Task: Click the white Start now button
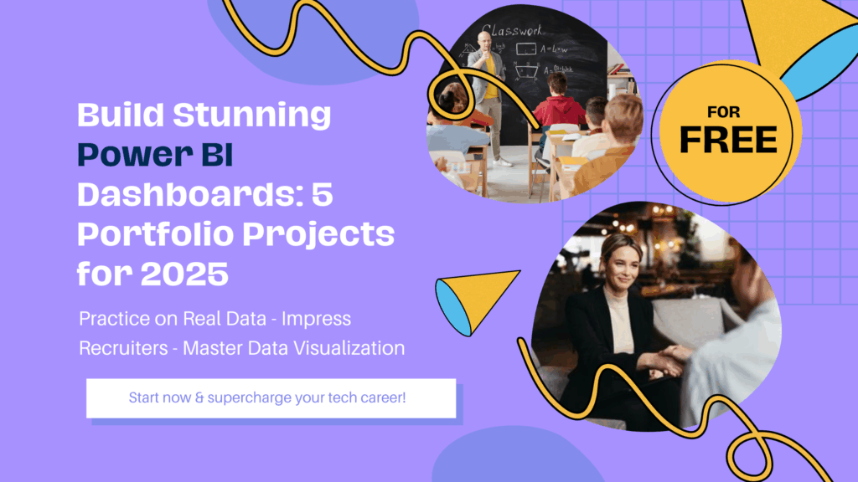271,398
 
